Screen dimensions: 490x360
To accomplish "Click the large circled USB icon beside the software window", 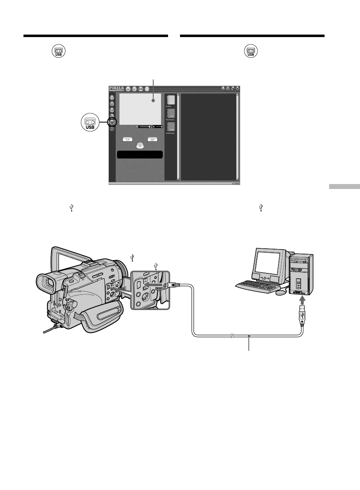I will pos(90,122).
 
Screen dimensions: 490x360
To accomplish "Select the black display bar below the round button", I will pos(140,154).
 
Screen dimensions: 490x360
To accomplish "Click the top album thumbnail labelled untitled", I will pos(171,100).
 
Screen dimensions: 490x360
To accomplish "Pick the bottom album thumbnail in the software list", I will pos(171,127).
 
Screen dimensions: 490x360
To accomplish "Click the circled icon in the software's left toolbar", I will pos(112,122).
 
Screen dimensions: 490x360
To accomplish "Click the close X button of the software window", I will pos(238,88).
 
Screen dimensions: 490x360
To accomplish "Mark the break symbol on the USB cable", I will pos(232,336).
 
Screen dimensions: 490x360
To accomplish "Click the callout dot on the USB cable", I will pos(249,336).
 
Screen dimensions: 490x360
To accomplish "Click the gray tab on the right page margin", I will pos(344,187).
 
